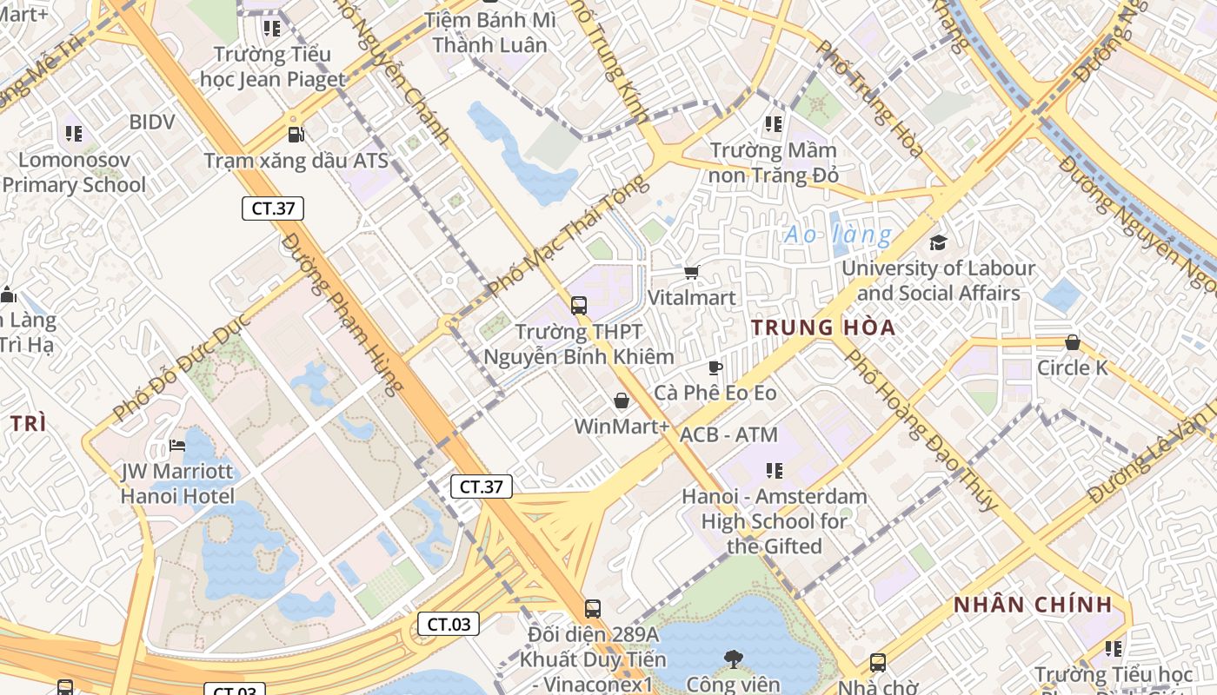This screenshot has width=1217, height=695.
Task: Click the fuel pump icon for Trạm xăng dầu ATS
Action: coord(296,135)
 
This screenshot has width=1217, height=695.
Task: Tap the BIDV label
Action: coord(151,122)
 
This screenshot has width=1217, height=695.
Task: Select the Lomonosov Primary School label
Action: coord(74,172)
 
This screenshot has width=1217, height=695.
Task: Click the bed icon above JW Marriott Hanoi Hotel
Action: coord(177,447)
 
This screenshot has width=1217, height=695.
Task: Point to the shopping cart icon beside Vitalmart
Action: coord(691,273)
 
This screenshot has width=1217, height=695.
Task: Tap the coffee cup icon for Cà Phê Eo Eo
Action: coord(715,368)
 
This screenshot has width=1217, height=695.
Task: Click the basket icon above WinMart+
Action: coord(622,401)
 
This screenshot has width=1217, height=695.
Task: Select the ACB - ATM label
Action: coord(728,434)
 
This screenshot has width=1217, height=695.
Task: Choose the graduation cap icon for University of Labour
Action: coord(938,242)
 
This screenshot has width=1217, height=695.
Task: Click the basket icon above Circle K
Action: coord(1073,343)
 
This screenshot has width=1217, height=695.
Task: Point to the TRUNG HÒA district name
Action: coord(823,328)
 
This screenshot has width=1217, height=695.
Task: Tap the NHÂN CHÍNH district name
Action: coord(1033,605)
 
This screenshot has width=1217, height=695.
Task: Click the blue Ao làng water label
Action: coord(838,235)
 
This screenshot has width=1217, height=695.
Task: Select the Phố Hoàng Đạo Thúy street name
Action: coord(921,429)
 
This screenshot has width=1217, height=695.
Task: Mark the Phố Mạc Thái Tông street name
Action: coord(569,235)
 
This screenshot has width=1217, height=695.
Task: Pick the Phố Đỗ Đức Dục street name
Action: coord(182,367)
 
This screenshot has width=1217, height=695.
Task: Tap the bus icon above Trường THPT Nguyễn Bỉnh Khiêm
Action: coord(579,306)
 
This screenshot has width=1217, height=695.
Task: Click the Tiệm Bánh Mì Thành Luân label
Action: coord(489,32)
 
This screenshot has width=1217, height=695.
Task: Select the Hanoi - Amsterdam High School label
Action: coord(774,521)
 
